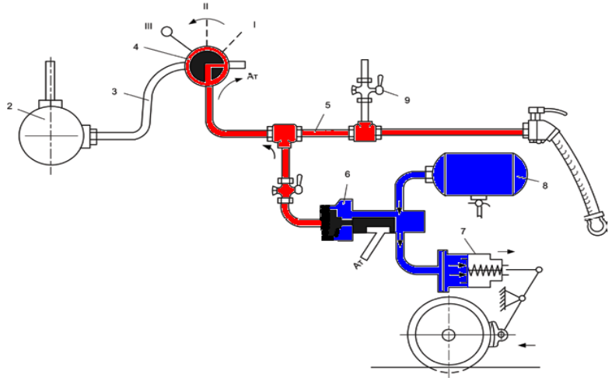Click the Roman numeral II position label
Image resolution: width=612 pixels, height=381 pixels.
207,6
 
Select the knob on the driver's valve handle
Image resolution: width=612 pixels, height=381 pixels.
166,32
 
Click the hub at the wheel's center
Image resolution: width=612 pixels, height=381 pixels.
449,335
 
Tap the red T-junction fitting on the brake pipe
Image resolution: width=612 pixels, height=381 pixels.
284,132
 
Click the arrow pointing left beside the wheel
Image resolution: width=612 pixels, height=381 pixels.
526,343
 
